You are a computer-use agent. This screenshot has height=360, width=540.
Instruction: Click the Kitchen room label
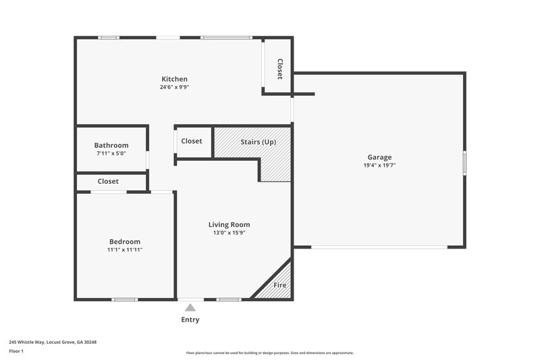click(174, 79)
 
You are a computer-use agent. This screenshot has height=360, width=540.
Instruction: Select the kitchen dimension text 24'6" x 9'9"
click(174, 87)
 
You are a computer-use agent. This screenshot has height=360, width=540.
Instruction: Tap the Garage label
click(379, 157)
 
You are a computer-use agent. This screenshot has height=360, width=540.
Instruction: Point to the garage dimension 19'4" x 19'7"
click(379, 165)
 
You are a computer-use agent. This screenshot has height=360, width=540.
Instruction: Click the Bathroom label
click(111, 145)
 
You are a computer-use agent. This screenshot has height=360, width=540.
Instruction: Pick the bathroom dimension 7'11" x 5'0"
click(111, 153)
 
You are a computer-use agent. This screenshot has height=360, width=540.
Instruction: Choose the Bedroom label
click(125, 242)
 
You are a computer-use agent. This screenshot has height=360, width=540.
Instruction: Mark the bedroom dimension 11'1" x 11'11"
click(125, 250)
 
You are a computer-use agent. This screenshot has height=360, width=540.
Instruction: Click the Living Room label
click(229, 225)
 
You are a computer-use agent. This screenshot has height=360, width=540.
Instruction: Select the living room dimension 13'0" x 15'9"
click(229, 233)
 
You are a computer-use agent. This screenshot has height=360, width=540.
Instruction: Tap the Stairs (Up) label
click(258, 142)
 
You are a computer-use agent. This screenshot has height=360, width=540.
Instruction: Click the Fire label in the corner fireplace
click(279, 285)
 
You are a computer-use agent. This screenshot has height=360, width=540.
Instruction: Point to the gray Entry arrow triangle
click(190, 308)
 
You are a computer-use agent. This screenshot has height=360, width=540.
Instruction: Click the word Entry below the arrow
click(190, 319)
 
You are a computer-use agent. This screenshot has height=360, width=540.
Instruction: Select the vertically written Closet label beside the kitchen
click(279, 68)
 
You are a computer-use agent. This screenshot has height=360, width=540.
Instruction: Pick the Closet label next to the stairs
click(192, 141)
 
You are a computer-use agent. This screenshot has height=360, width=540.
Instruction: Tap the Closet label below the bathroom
click(108, 182)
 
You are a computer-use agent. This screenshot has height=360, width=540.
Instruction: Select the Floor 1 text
click(16, 352)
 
